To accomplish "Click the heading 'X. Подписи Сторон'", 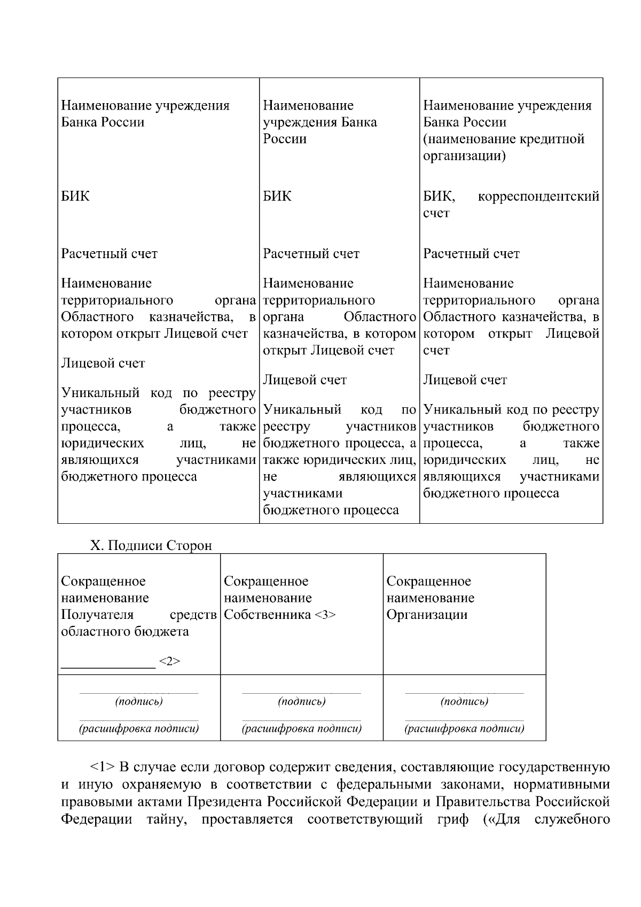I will [x=151, y=546].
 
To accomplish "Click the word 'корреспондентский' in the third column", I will [x=538, y=197].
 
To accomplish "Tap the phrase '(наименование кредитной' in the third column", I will [x=504, y=139].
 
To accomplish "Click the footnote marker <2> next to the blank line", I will [x=169, y=662].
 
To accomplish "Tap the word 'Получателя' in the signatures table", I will [x=97, y=615].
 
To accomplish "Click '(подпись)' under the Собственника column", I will [x=302, y=701].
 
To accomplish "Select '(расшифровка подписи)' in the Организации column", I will [x=464, y=728].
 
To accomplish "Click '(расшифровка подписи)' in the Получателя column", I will [x=139, y=728].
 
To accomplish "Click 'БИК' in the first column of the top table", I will [x=75, y=196].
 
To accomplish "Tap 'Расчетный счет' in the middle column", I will [x=311, y=254].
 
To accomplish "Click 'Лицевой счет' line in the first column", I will [x=103, y=363].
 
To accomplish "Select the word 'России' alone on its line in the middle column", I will [x=285, y=139].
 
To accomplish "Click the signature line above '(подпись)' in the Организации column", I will [x=464, y=693].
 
